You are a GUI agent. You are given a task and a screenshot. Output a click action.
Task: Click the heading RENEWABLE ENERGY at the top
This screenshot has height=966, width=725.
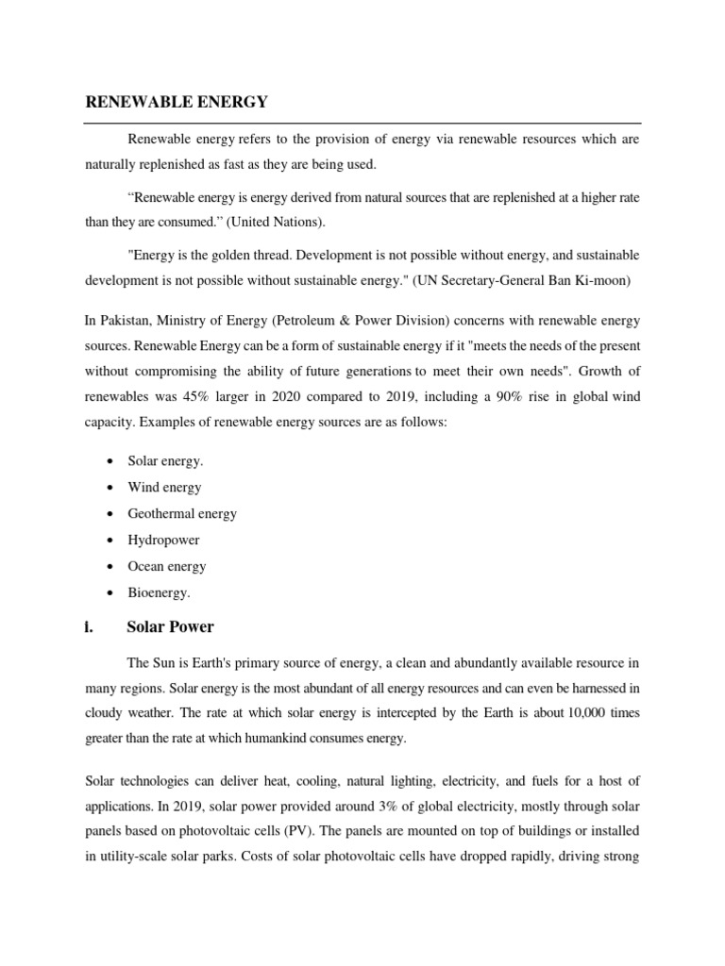(x=177, y=101)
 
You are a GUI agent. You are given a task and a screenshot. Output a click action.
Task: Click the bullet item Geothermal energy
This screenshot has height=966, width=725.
(x=182, y=514)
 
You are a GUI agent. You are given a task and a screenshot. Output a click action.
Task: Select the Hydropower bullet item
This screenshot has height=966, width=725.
(x=163, y=541)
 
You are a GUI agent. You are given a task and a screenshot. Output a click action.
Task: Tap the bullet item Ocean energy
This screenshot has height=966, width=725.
(x=166, y=567)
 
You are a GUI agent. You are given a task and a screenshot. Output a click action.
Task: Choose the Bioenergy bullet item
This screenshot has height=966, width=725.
(x=159, y=593)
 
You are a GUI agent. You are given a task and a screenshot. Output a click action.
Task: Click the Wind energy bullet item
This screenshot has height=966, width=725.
(x=164, y=488)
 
